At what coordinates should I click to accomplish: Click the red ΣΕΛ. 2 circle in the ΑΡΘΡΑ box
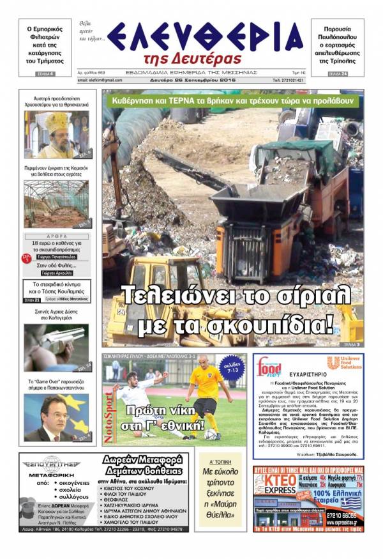tap(27, 257)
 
